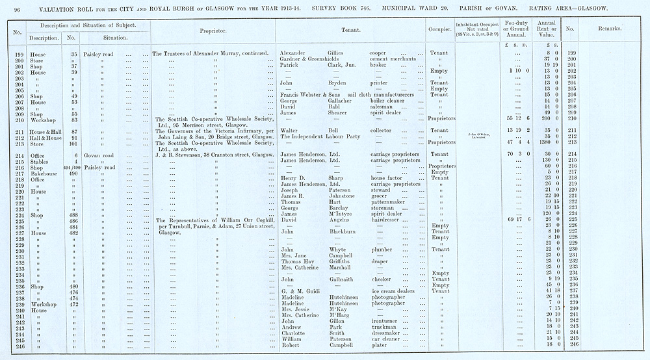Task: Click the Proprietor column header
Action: pyautogui.click(x=212, y=30)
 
